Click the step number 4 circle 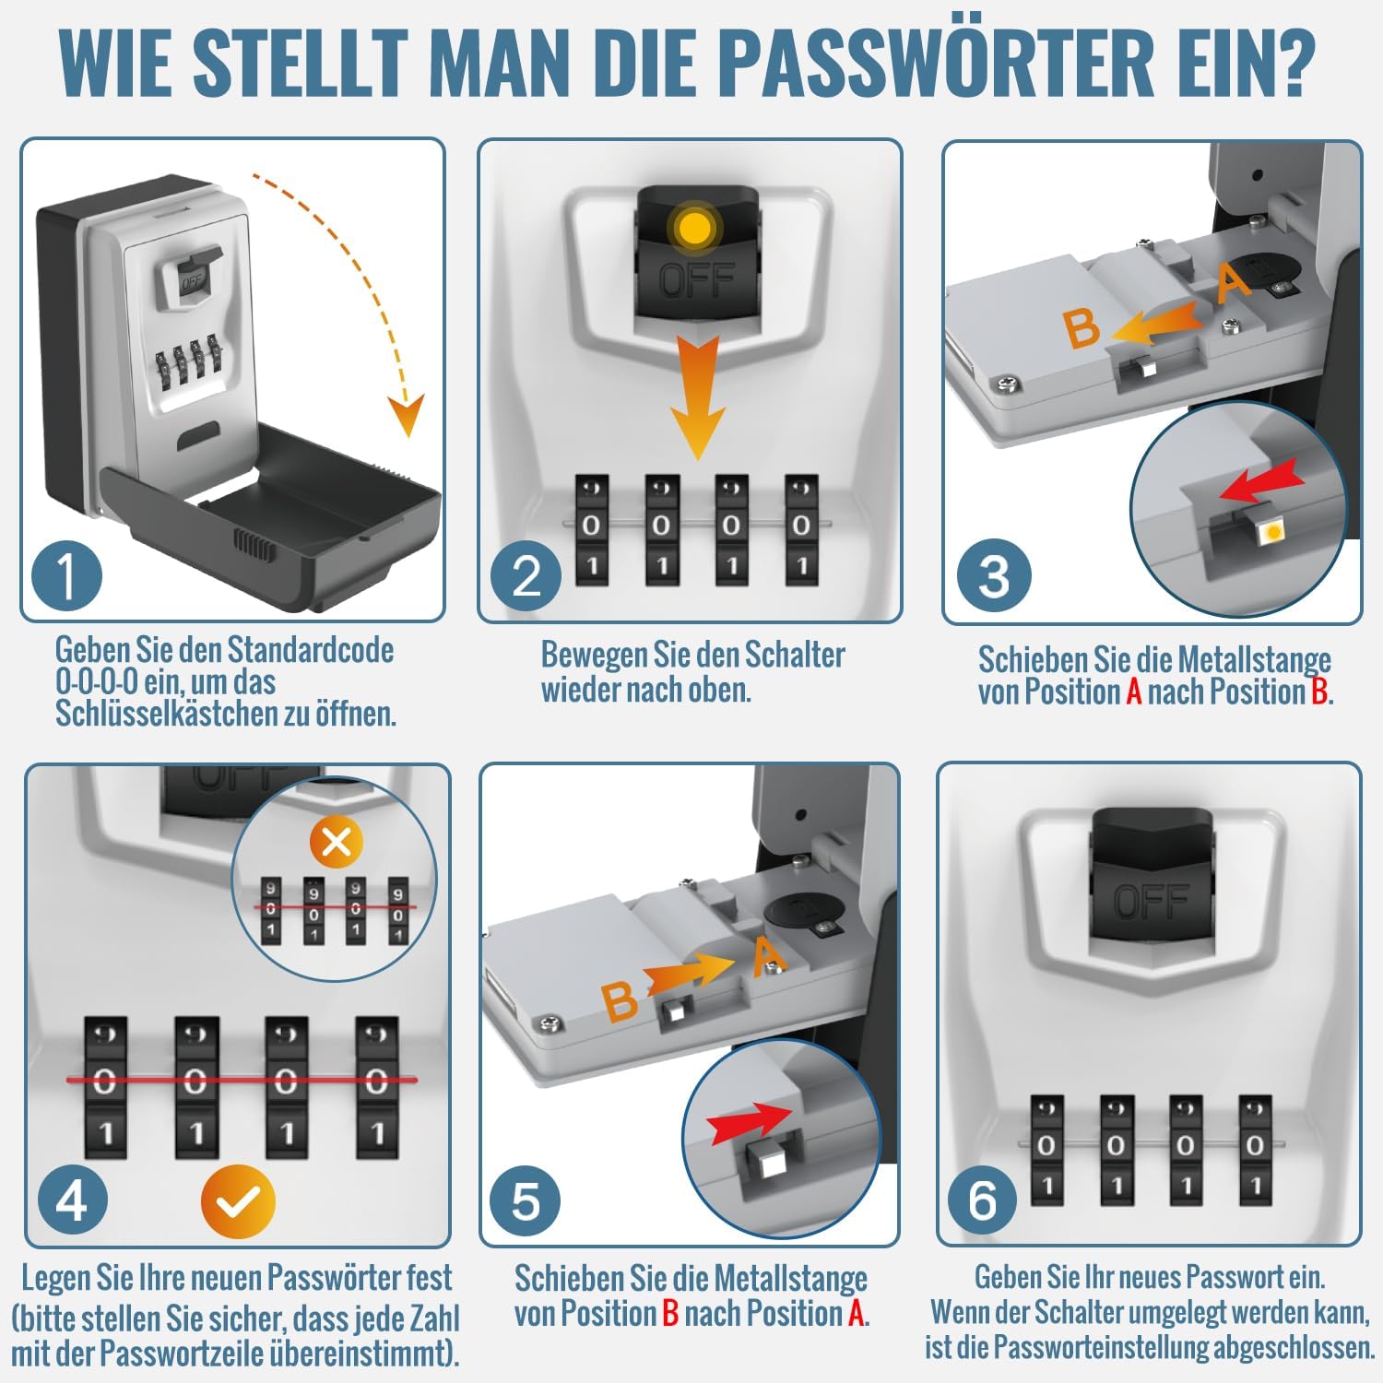[72, 1200]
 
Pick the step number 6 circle [983, 1200]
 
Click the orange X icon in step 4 [337, 841]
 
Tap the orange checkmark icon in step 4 [238, 1201]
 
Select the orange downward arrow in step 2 [697, 396]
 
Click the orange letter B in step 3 [1082, 329]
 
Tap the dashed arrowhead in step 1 [404, 416]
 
